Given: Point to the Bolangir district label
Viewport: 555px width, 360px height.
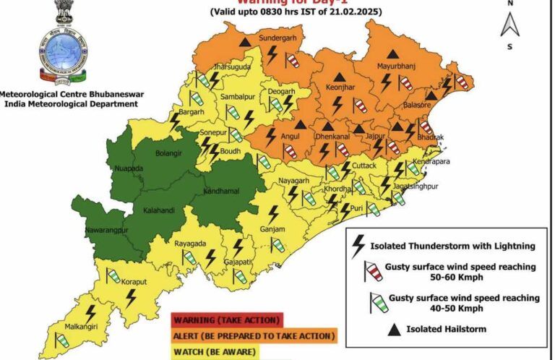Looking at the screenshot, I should tap(171, 153).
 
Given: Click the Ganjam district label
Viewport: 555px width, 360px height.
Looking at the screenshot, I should tap(272, 231).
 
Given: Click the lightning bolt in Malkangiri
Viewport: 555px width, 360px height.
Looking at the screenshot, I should tap(91, 313).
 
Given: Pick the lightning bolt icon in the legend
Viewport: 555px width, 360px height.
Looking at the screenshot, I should tap(358, 247).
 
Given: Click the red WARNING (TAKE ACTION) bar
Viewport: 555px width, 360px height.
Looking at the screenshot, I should tap(227, 320).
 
